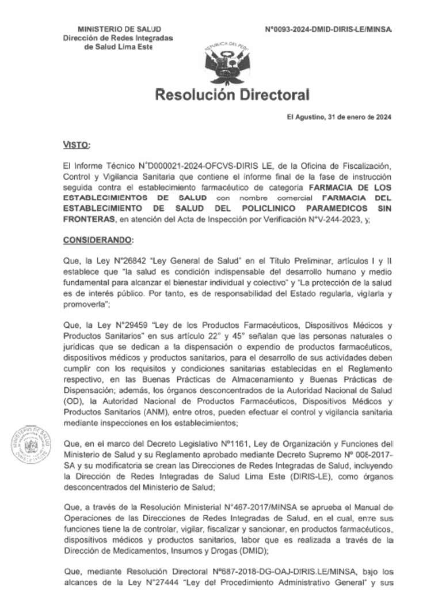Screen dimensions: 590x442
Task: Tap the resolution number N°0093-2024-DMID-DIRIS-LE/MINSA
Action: coord(328,29)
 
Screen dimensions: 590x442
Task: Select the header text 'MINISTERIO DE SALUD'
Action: coord(119,29)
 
